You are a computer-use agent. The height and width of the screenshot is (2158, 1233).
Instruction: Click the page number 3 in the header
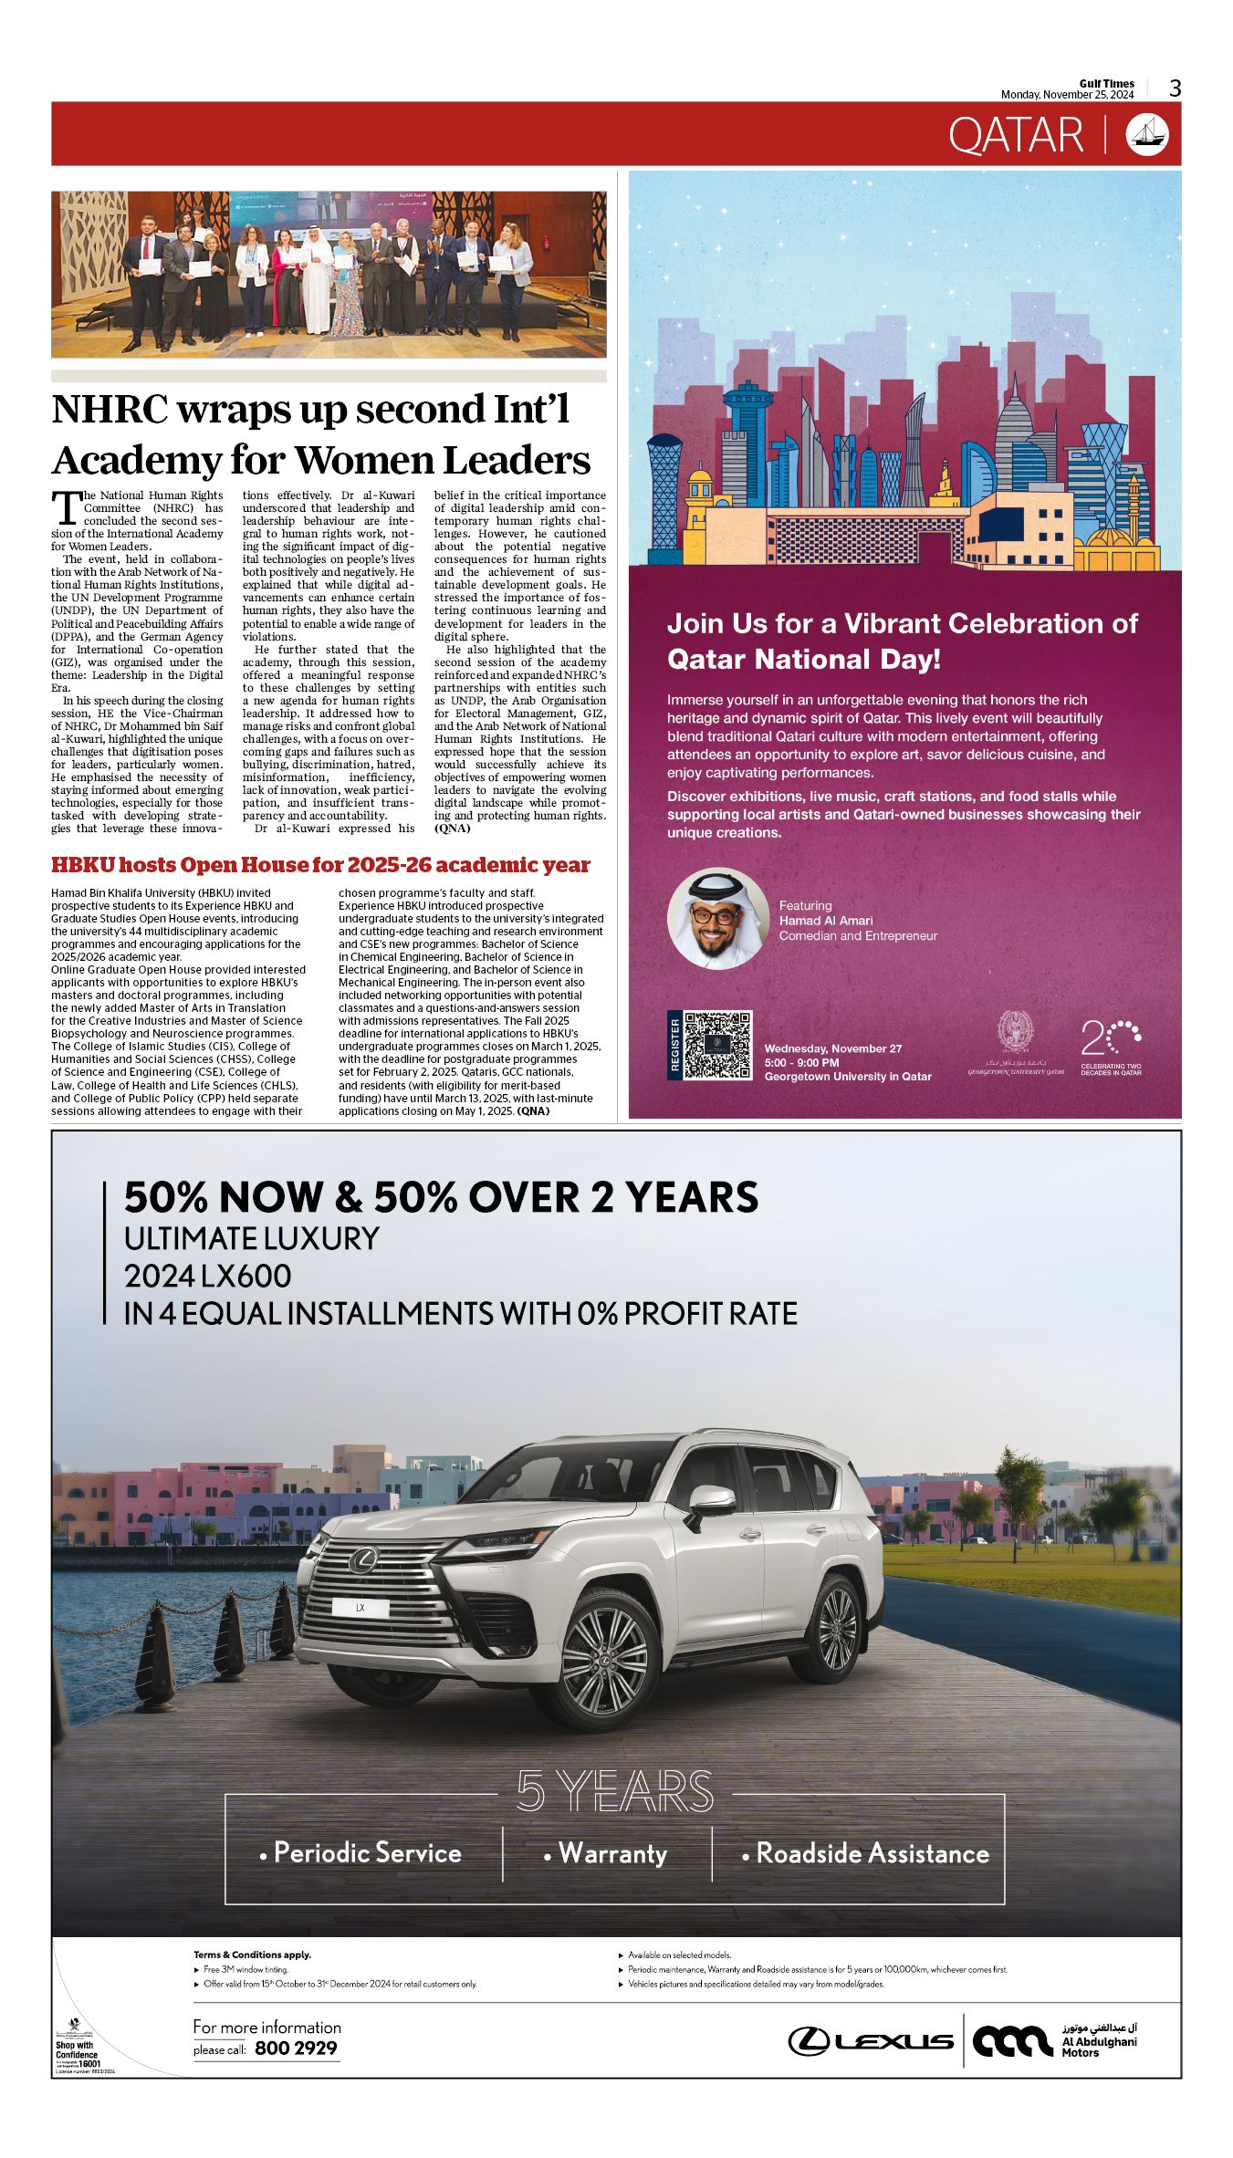click(x=1175, y=89)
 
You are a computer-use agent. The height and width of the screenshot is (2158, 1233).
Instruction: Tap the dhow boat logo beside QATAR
click(x=1147, y=135)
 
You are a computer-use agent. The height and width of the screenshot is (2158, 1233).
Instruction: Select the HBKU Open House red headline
click(x=320, y=865)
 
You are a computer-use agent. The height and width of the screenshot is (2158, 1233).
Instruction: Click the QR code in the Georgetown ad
click(x=718, y=1045)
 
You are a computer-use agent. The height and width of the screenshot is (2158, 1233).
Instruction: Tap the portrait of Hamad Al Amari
click(x=718, y=918)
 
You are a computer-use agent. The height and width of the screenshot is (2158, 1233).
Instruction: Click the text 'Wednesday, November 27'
click(x=832, y=1048)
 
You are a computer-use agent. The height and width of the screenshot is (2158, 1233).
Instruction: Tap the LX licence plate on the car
click(x=360, y=1608)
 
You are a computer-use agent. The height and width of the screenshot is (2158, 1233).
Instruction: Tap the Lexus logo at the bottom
click(x=871, y=2041)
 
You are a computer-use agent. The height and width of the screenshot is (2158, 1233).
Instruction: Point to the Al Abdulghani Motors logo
click(x=1054, y=2040)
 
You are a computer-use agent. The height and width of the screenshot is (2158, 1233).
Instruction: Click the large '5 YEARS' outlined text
click(x=614, y=1790)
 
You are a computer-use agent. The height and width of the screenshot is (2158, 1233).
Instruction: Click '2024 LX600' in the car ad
click(x=208, y=1277)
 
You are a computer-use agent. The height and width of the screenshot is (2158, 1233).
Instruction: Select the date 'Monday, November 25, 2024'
click(x=1067, y=95)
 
